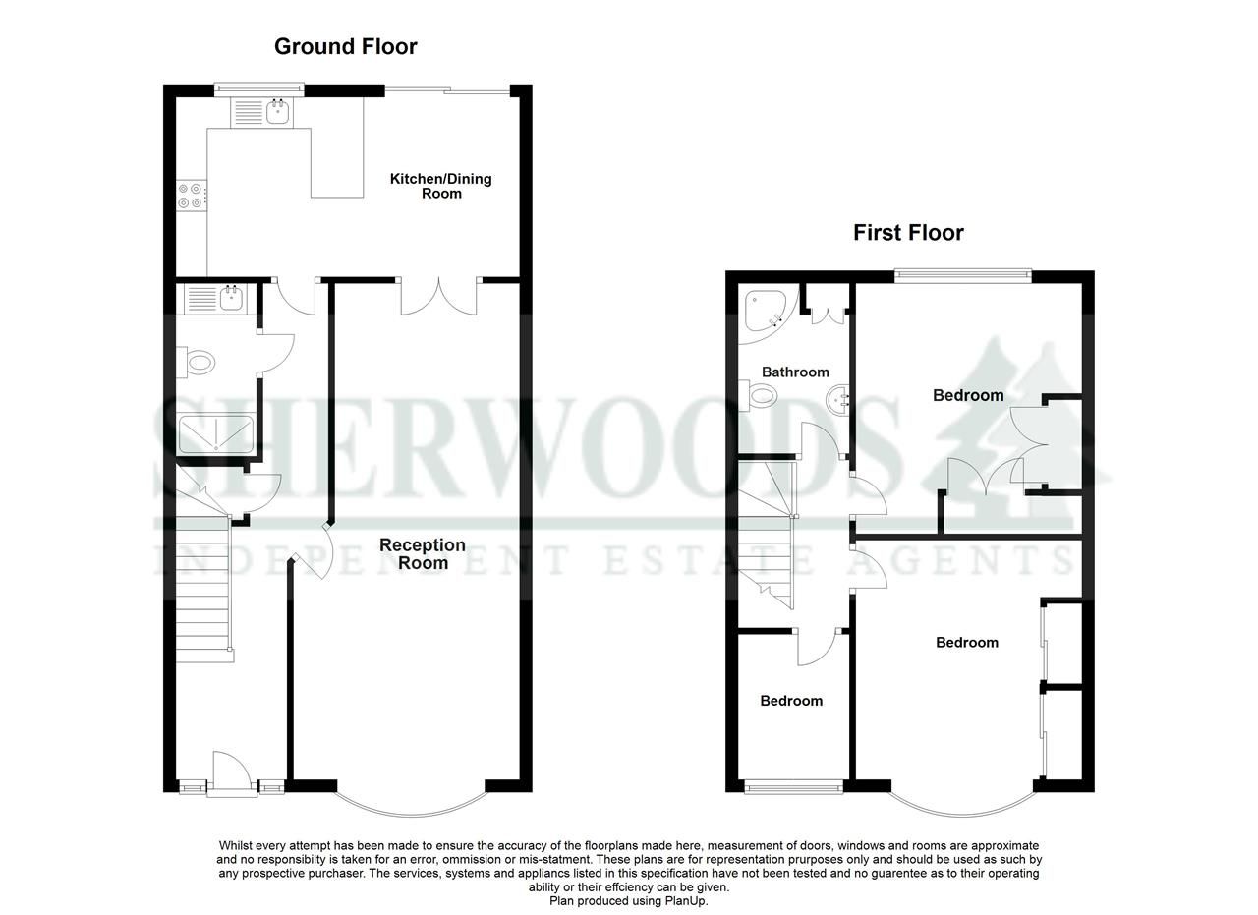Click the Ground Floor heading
345,46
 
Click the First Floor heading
908,233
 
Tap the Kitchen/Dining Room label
440,186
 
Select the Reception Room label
423,554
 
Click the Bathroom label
795,372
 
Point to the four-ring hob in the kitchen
192,196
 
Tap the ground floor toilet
198,363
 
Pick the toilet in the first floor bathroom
761,396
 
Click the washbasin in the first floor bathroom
837,400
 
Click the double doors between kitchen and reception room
438,296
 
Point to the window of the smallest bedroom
794,785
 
